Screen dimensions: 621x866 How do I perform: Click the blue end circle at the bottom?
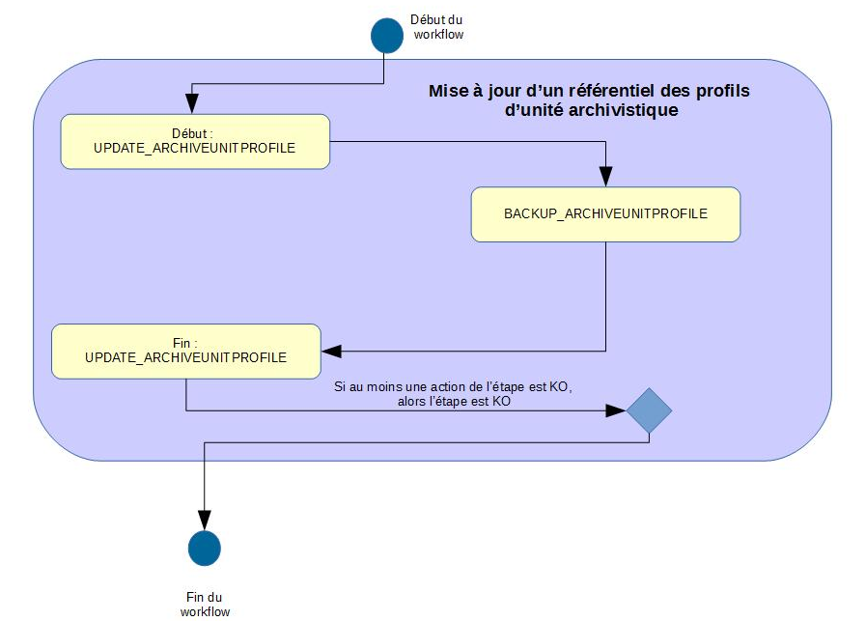coord(205,548)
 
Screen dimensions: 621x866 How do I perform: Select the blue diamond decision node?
coord(649,410)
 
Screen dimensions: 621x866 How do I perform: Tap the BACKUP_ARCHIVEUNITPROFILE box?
coord(605,214)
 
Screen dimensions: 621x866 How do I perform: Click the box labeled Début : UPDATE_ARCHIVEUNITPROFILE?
coord(194,142)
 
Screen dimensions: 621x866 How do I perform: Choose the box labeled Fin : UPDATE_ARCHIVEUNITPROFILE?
coord(185,350)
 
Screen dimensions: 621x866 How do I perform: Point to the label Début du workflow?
coord(438,26)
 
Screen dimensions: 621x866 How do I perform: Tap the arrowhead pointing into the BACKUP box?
coord(605,177)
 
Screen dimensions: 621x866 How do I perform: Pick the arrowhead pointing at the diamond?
coord(616,410)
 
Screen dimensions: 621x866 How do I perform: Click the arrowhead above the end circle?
coord(205,520)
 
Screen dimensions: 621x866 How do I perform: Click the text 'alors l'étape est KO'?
coord(447,401)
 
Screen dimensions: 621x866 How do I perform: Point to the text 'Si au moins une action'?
coord(397,386)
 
